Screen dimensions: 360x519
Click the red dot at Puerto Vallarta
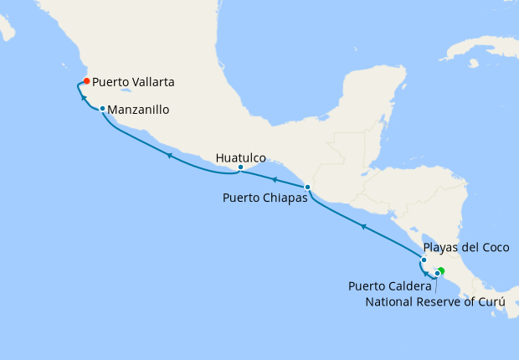[86, 81]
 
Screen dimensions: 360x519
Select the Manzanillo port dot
[102, 109]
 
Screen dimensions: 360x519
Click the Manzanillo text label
[140, 110]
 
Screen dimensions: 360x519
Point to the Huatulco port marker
[241, 167]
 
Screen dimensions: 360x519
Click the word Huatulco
[240, 157]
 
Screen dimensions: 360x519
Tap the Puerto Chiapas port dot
[307, 187]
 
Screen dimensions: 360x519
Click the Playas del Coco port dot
[424, 260]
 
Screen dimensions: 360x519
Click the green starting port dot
[441, 270]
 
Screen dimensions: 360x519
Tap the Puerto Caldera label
[389, 286]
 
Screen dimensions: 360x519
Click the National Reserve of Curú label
[436, 301]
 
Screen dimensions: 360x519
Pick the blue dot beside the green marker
[436, 273]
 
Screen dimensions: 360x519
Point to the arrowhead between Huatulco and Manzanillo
[168, 155]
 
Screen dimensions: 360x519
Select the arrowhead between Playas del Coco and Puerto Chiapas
[362, 226]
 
